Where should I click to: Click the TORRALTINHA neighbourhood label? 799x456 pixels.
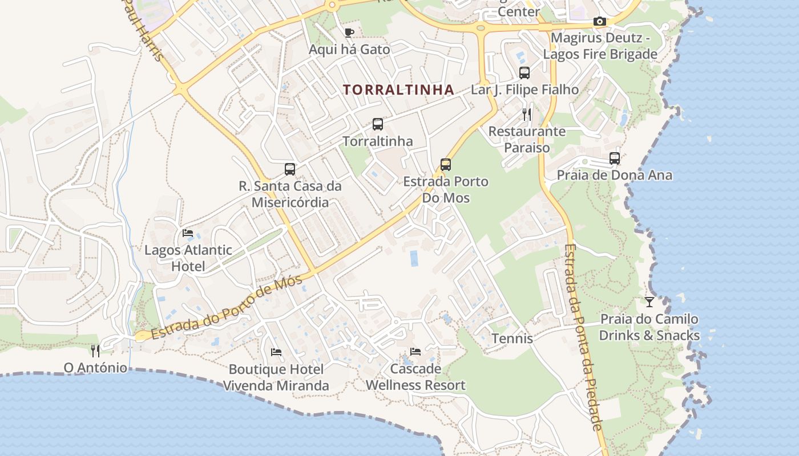pos(398,89)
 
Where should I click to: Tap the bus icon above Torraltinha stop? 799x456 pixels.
pos(377,124)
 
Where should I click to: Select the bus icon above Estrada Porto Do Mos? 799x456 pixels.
pos(446,165)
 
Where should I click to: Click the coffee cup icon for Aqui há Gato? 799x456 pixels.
pos(349,32)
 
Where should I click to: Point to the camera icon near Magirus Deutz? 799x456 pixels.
pos(600,22)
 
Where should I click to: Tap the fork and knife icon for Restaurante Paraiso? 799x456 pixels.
pos(526,115)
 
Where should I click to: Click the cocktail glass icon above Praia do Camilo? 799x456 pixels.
pos(649,302)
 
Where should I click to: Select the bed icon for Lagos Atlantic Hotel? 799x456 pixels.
pos(187,233)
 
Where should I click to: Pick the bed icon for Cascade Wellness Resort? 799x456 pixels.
pos(415,352)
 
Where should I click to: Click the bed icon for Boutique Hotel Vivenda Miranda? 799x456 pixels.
pos(276,352)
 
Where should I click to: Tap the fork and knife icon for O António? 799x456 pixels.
pos(95,350)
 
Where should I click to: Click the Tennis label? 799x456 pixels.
pos(512,339)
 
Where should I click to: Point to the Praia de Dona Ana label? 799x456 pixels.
pos(614,175)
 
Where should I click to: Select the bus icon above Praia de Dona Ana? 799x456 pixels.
pos(615,158)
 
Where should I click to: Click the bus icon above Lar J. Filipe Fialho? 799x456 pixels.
pos(524,73)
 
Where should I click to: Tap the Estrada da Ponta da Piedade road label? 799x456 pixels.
pos(583,336)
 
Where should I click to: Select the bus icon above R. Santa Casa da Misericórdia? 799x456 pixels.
pos(290,169)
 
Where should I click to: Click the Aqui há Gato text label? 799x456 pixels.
pos(349,50)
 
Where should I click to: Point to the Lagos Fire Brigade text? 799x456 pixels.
pos(600,55)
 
